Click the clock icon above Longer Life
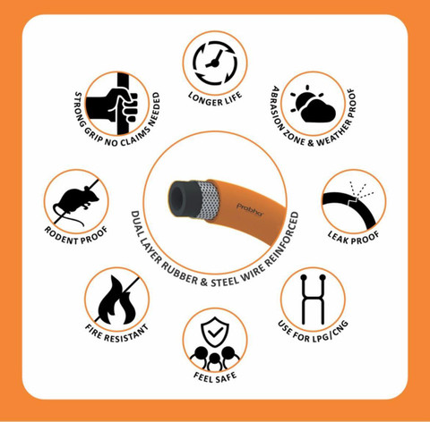[x=215, y=63]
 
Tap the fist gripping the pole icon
[x=116, y=104]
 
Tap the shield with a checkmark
[x=215, y=332]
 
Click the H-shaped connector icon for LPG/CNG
[x=313, y=299]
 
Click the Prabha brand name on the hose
[x=250, y=210]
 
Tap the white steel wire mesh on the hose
[x=207, y=200]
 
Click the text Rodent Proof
[x=76, y=235]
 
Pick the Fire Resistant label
[x=117, y=333]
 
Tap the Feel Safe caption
[x=215, y=377]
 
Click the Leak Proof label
[x=354, y=238]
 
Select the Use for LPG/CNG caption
[x=313, y=332]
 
